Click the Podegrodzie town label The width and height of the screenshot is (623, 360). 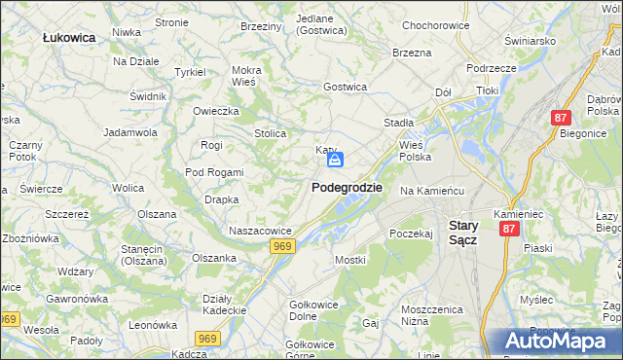pyautogui.click(x=347, y=187)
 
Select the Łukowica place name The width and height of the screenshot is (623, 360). pyautogui.click(x=68, y=37)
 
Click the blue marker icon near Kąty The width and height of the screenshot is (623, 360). pyautogui.click(x=334, y=159)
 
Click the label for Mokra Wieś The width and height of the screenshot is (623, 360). pyautogui.click(x=246, y=76)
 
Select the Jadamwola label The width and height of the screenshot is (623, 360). pyautogui.click(x=130, y=131)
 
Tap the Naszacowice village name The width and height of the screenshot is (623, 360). pyautogui.click(x=260, y=231)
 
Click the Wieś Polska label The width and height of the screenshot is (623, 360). pyautogui.click(x=415, y=150)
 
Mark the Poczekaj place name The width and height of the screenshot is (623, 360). pyautogui.click(x=410, y=234)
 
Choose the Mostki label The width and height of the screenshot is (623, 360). pyautogui.click(x=349, y=260)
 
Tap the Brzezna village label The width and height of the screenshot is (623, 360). pyautogui.click(x=411, y=53)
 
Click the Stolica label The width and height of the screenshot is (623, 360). pyautogui.click(x=270, y=133)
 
